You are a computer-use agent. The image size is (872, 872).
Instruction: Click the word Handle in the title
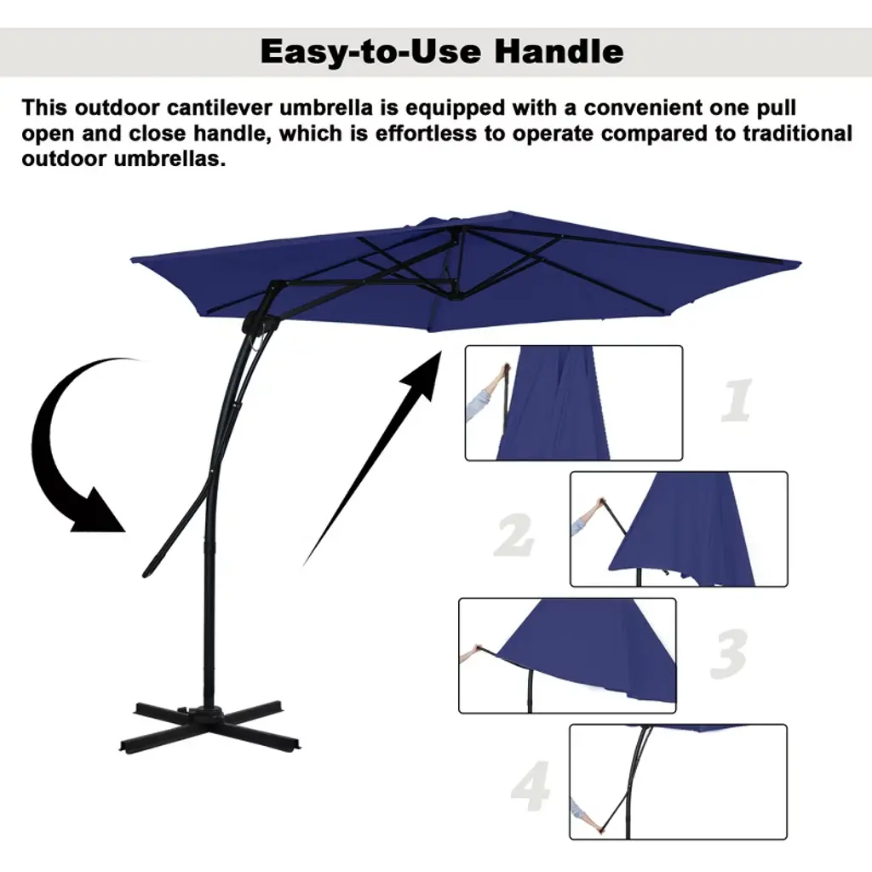click(559, 52)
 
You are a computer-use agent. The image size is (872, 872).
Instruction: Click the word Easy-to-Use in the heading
click(371, 52)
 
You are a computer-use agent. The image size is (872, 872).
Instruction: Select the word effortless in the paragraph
click(426, 134)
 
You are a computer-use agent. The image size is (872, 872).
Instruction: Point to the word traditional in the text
click(797, 134)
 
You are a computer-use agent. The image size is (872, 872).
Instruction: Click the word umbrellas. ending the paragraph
click(169, 159)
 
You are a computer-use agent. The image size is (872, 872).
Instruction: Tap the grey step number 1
click(737, 400)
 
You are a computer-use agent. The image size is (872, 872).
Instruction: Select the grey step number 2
click(513, 535)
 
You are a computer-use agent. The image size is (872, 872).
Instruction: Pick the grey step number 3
click(729, 654)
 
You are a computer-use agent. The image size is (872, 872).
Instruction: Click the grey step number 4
click(531, 786)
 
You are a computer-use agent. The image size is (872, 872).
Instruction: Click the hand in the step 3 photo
click(475, 650)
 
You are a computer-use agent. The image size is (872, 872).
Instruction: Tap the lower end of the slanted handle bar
click(147, 572)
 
